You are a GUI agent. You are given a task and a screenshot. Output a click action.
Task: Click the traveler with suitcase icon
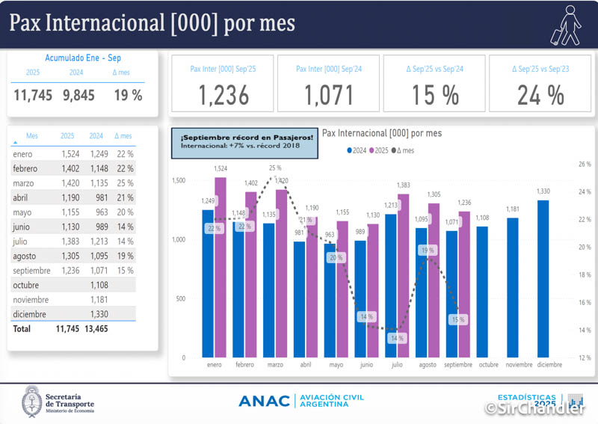tap(567, 24)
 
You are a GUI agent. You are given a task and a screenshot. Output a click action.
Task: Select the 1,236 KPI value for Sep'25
tap(223, 95)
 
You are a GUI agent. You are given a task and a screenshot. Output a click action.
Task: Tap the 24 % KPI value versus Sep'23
tap(540, 95)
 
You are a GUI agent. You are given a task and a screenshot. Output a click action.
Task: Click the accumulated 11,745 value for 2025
tap(33, 95)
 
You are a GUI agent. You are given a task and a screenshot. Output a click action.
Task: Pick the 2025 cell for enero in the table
tap(67, 154)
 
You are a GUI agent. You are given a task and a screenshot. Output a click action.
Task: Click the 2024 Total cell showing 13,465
tap(96, 328)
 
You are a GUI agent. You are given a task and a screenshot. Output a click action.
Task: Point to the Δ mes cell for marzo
tap(124, 183)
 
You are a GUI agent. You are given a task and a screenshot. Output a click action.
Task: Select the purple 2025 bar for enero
tap(220, 267)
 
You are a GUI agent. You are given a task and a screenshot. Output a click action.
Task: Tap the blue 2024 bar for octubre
tap(482, 292)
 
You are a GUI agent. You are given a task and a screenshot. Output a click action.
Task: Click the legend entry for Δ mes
tap(404, 150)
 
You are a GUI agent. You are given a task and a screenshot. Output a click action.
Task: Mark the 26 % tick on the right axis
tap(585, 164)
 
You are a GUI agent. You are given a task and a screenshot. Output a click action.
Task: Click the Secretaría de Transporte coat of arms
tap(32, 401)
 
